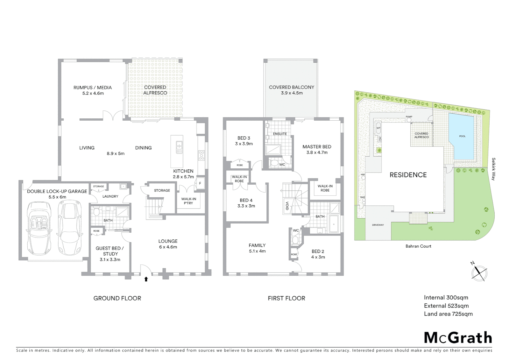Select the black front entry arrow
click(x=146, y=279)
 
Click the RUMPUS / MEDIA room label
click(x=93, y=88)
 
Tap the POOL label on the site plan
click(x=462, y=136)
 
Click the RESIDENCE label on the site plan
click(x=408, y=175)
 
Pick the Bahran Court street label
click(x=418, y=246)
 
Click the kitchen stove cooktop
click(x=201, y=155)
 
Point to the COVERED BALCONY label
click(x=291, y=87)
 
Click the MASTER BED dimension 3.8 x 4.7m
click(x=317, y=152)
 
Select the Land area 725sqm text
click(x=448, y=314)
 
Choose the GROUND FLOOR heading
click(x=117, y=298)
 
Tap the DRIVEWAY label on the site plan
click(x=378, y=225)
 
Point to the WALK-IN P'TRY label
click(x=189, y=201)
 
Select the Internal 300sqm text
click(x=446, y=298)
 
